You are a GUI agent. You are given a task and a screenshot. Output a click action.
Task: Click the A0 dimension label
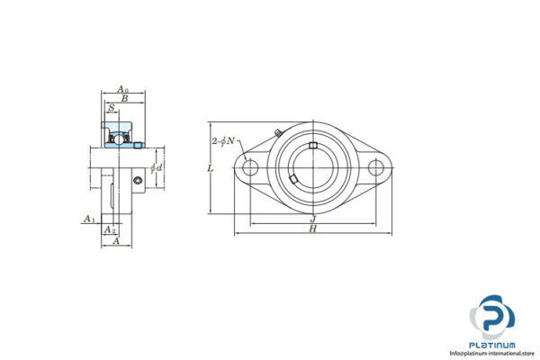[122, 90]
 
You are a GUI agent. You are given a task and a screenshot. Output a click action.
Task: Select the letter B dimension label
[125, 99]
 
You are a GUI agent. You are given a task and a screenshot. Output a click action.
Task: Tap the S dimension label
[111, 108]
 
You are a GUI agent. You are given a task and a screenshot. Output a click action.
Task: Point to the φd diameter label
[157, 168]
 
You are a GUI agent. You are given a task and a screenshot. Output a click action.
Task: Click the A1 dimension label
[89, 219]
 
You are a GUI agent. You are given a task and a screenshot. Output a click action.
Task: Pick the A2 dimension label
[110, 230]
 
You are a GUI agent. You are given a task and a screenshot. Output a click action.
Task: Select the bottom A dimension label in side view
[114, 241]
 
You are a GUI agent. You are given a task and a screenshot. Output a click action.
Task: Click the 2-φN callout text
[223, 141]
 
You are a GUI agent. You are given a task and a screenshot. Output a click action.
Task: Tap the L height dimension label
[210, 168]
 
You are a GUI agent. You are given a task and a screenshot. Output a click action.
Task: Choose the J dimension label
[312, 219]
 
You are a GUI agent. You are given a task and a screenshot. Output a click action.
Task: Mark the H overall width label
[312, 230]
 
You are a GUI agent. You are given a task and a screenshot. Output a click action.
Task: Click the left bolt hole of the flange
[250, 167]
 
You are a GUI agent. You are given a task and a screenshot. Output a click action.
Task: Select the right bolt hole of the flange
[375, 167]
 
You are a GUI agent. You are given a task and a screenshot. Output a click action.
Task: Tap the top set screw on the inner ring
[312, 146]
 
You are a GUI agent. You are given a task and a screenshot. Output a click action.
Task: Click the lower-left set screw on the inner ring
[294, 184]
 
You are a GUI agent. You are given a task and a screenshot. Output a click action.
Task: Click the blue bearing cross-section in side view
[119, 138]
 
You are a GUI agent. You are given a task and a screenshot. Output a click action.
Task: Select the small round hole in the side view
[137, 183]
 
